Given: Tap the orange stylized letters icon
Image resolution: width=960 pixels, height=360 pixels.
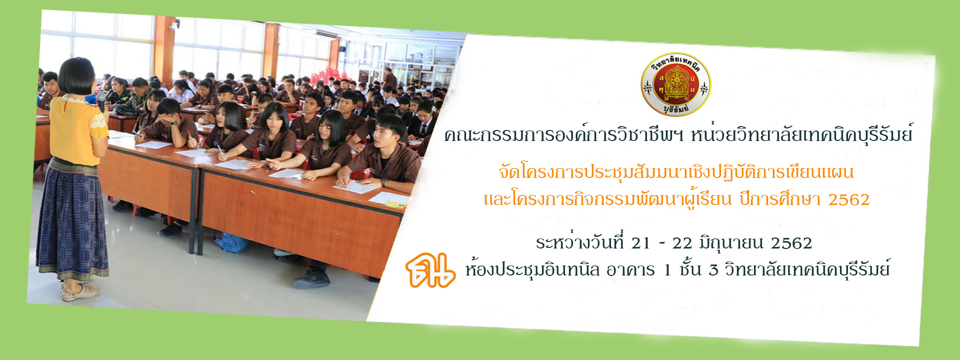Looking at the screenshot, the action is coord(430,270).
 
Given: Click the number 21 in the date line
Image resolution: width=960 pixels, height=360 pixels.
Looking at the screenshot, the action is coord(640,243).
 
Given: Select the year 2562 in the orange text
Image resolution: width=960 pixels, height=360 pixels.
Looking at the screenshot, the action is coord(849,199).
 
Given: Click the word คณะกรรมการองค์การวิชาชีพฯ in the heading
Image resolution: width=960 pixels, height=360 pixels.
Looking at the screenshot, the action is coord(564,134).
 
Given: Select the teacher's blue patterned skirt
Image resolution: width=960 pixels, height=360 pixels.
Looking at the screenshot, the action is coord(72,220).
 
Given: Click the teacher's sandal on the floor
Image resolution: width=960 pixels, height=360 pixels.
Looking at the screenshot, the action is coord(79,292).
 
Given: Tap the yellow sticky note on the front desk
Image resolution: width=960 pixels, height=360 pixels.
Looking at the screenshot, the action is coord(395,204).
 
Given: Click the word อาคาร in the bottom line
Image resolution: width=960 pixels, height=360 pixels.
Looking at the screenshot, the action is coord(630,270).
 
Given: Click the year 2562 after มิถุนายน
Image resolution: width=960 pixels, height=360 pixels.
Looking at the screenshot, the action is coord(791,243).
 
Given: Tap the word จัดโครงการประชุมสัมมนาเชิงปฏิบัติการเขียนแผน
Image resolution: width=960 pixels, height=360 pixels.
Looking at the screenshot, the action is coord(676,172).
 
